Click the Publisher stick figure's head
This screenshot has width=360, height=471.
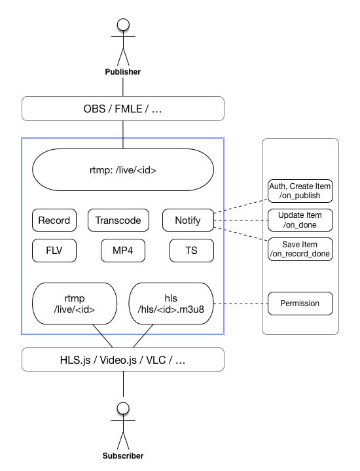[x=123, y=25]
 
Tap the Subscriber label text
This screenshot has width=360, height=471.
[x=123, y=456]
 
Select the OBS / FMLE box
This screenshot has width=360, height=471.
[x=123, y=109]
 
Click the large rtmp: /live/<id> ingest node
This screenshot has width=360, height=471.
[x=123, y=169]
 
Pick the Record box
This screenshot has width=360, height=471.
[x=54, y=220]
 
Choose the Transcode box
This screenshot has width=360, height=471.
[x=118, y=220]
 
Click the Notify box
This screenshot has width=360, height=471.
[x=188, y=220]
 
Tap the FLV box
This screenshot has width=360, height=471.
[x=54, y=251]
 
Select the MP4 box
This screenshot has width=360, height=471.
[x=123, y=251]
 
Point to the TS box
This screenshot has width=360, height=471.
[x=192, y=251]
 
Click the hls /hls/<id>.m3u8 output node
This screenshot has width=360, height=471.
[x=171, y=304]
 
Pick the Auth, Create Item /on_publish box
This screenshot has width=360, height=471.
[x=300, y=191]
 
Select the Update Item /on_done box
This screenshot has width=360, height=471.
[x=300, y=220]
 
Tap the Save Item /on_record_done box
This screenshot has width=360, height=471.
[x=300, y=249]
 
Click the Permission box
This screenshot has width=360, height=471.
[x=300, y=304]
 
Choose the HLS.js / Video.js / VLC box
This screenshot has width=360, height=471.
[x=123, y=360]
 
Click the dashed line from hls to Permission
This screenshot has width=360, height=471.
[x=241, y=304]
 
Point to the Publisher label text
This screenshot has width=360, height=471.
[x=123, y=72]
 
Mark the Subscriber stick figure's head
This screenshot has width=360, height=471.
[x=123, y=408]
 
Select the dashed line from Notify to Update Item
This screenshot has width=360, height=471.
[x=241, y=220]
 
